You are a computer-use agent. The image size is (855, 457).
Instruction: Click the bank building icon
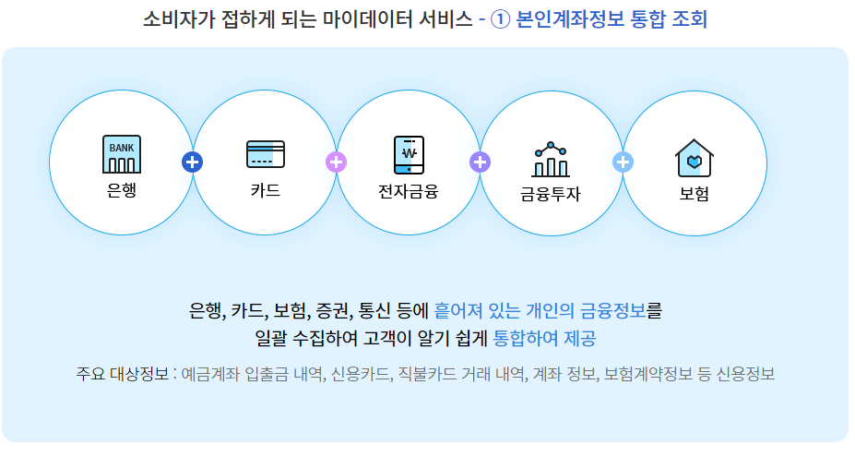point(122,155)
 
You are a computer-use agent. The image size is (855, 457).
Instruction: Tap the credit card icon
point(266,154)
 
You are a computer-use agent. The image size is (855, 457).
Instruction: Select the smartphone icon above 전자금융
point(409,155)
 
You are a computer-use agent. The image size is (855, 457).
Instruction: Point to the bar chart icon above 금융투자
point(552,160)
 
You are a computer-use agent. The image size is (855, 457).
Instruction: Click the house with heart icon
point(695,158)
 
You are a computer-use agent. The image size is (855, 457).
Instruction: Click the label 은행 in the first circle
point(122,192)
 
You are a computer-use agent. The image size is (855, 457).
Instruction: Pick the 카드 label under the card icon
point(266,192)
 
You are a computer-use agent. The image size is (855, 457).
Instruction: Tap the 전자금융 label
point(409,192)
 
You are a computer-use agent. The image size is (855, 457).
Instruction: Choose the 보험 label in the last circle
point(695,195)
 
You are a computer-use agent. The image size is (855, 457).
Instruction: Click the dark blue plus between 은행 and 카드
point(193,162)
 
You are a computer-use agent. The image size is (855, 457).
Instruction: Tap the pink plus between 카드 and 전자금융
point(337,162)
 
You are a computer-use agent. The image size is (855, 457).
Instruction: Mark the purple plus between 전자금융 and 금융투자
point(481,162)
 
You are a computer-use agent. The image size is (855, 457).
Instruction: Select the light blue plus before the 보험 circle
point(623,162)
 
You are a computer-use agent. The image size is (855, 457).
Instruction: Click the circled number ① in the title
point(501,19)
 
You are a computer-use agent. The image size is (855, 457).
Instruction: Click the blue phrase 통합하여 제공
point(545,338)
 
